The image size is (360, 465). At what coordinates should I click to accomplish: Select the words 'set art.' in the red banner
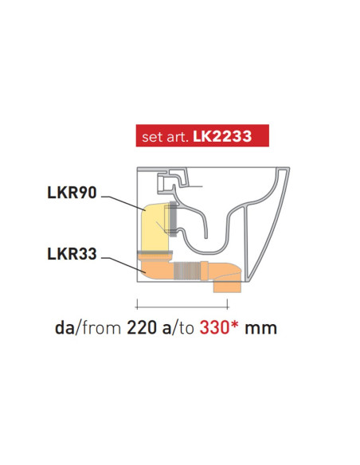pos(162,137)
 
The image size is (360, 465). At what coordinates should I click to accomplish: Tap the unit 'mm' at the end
pos(261,327)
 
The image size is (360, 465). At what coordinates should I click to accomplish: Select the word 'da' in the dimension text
pos(65,327)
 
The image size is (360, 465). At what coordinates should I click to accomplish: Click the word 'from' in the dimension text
pos(103,327)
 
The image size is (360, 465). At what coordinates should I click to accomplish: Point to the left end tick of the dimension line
pos(136,303)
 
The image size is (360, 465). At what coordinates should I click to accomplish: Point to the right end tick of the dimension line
pos(229,303)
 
